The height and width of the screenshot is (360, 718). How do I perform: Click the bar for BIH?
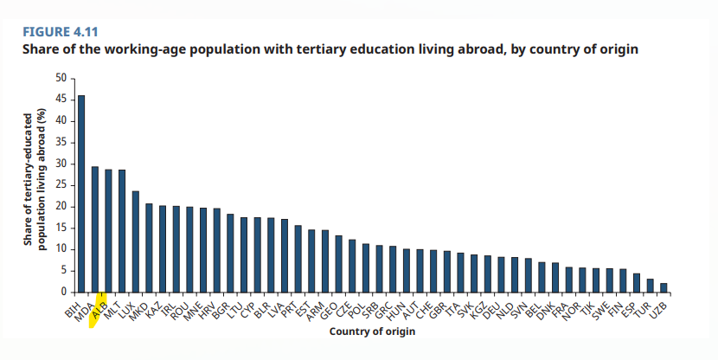pos(81,194)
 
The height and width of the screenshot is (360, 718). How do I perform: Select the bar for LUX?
pos(135,241)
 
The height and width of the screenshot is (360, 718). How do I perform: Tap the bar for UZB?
pos(664,287)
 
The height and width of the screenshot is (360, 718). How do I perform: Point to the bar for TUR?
pos(650,286)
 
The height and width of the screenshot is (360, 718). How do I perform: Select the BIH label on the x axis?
pos(74,305)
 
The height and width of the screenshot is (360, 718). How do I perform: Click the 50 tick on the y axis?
pos(61,78)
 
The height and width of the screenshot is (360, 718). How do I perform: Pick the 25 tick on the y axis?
pos(61,185)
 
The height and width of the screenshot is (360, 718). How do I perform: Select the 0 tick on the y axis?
pos(63,292)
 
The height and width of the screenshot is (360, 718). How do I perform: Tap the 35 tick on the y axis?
pos(61,142)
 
